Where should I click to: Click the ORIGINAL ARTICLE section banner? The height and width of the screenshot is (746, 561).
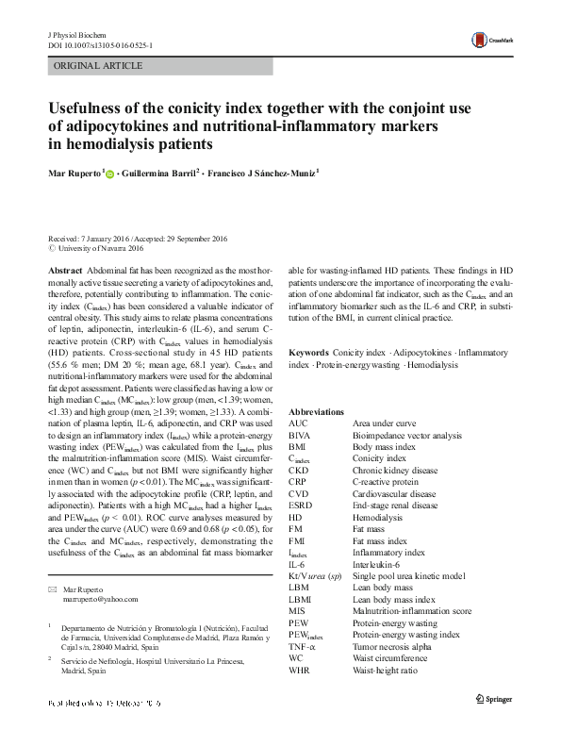pos(99,66)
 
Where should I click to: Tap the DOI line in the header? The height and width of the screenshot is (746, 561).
pos(101,44)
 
